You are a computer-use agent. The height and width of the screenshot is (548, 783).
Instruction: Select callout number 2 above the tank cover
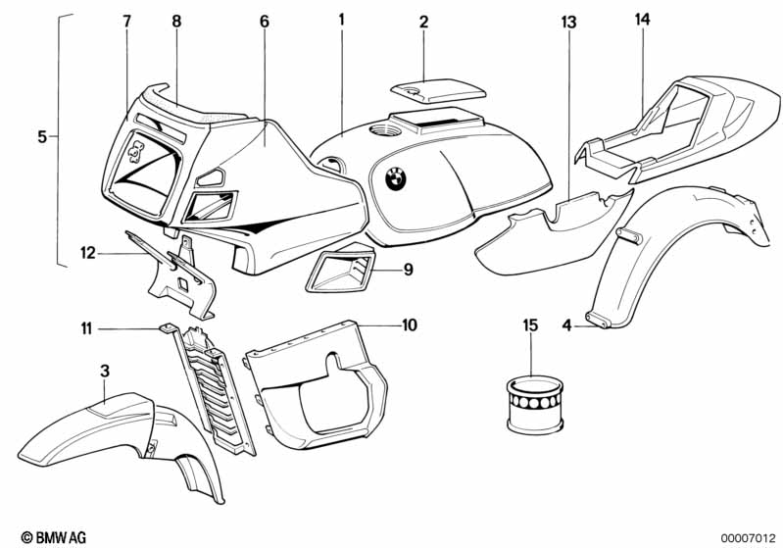click(423, 21)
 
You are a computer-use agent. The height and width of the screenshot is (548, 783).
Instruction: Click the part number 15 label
click(530, 324)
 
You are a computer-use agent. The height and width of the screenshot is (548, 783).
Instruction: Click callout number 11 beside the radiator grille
click(86, 329)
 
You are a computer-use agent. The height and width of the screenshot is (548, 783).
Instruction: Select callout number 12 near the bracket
click(87, 253)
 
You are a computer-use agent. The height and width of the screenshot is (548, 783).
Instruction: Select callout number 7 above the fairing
click(126, 21)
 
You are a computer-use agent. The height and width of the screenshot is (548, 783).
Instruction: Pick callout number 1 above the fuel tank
click(341, 19)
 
